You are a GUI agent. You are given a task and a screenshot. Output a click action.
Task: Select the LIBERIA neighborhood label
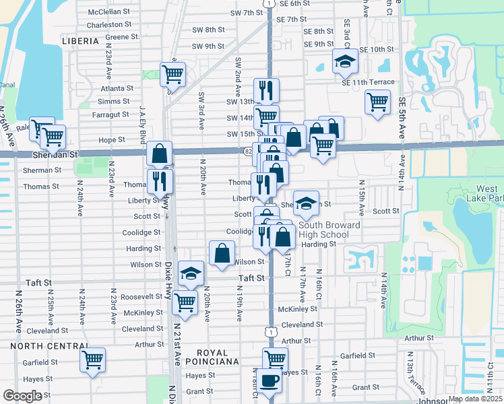(x=80, y=41)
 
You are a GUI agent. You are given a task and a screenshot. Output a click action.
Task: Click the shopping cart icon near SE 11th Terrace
(x=377, y=103)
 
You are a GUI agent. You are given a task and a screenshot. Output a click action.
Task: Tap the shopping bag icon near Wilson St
(x=222, y=255)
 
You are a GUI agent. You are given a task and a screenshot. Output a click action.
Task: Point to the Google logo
(x=22, y=396)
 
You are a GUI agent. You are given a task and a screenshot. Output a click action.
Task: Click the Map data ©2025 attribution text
(x=474, y=399)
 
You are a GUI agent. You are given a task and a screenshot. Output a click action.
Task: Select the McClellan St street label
(x=108, y=12)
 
